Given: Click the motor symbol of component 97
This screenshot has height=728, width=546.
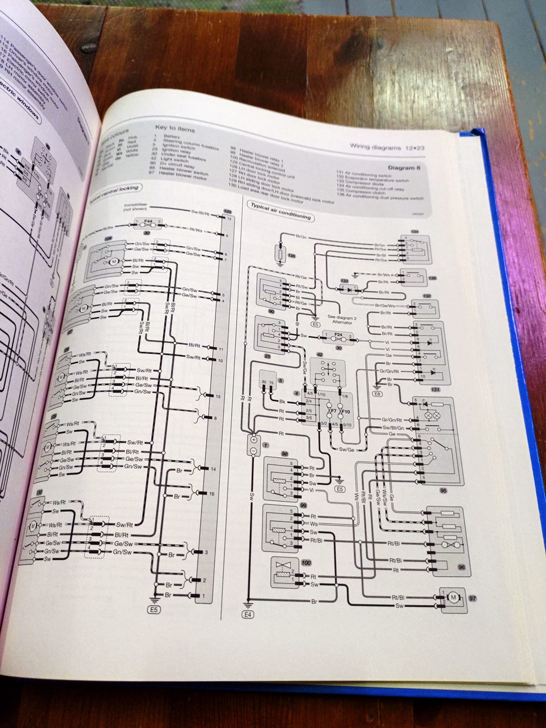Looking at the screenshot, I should click(x=453, y=597).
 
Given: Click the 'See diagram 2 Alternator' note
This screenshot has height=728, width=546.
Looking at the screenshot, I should click(x=340, y=320).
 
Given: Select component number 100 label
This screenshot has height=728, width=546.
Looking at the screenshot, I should click(x=307, y=562).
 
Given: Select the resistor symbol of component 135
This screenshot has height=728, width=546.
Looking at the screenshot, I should click(x=279, y=250).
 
